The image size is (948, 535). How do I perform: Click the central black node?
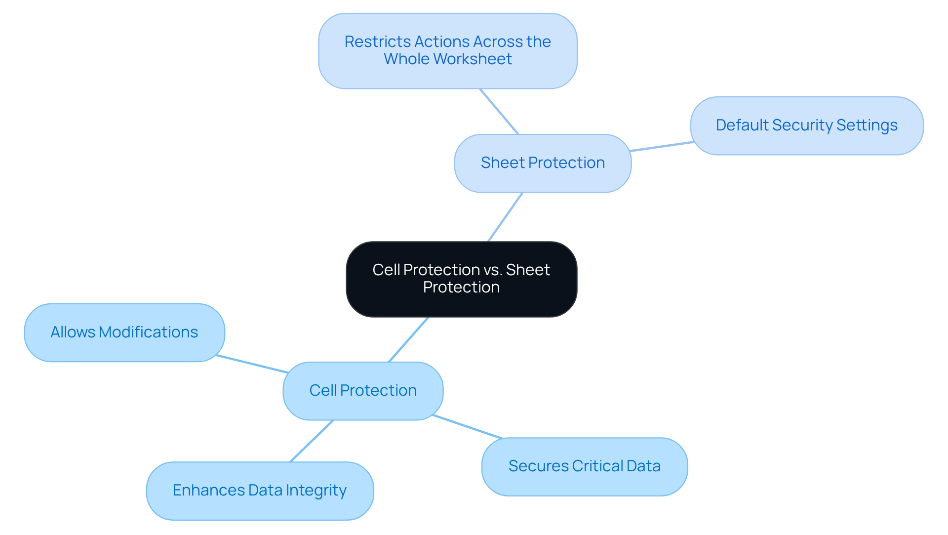click(x=461, y=279)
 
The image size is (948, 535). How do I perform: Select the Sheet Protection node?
click(x=542, y=163)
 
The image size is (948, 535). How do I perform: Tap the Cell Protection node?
click(x=363, y=391)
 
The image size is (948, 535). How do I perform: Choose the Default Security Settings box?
click(x=806, y=125)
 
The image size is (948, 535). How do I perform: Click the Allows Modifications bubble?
click(x=124, y=332)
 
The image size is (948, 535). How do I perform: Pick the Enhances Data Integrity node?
click(x=260, y=491)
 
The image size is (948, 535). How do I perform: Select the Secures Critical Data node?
click(x=584, y=466)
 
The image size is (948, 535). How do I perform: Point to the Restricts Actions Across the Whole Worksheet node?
click(x=447, y=50)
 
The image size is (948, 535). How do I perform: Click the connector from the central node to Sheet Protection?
click(x=505, y=217)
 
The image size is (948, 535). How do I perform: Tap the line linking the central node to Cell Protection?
click(x=408, y=340)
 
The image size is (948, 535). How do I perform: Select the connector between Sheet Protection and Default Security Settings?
click(x=662, y=146)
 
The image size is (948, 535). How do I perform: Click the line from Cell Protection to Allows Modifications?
click(x=252, y=364)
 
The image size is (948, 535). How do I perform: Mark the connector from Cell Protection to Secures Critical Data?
click(x=467, y=427)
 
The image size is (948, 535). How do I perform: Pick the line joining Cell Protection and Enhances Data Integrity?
click(x=312, y=441)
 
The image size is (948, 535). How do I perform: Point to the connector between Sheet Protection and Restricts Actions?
click(x=499, y=112)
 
